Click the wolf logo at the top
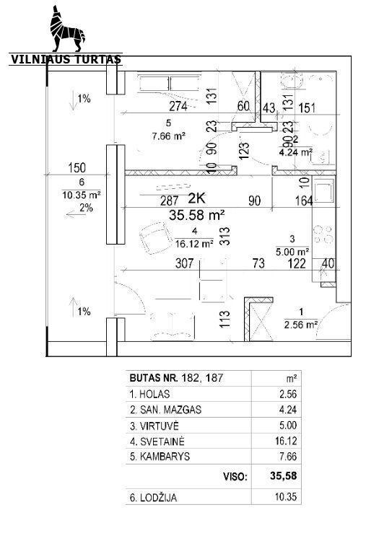coord(67,29)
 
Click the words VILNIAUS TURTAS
coord(66,59)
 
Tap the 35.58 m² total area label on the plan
coord(197,215)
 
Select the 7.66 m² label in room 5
coord(169,136)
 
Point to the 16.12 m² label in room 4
coord(194,243)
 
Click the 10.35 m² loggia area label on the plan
coord(82,195)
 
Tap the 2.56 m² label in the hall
coord(300,324)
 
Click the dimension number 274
coord(178,106)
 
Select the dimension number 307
coord(185,263)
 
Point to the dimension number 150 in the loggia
coord(77,167)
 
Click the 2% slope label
coord(86,208)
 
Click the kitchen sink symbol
coord(324,190)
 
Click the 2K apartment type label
coord(196,198)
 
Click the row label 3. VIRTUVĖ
coord(154,426)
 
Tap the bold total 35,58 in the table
coord(284,476)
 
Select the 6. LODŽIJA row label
coord(153,498)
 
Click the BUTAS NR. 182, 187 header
coord(176,378)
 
